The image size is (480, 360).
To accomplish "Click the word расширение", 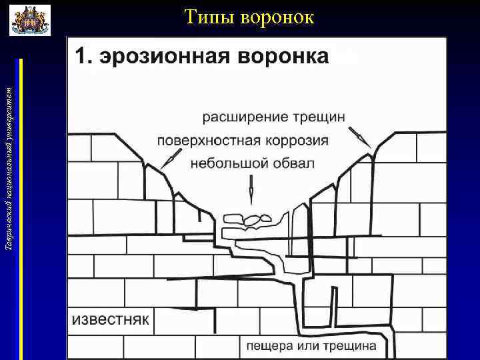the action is click(x=245, y=117).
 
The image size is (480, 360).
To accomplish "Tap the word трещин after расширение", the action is click(x=319, y=117).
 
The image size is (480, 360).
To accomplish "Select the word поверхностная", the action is click(x=207, y=141).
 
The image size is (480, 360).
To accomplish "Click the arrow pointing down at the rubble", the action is click(x=251, y=189).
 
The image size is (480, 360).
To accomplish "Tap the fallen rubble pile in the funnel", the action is click(x=247, y=218).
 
